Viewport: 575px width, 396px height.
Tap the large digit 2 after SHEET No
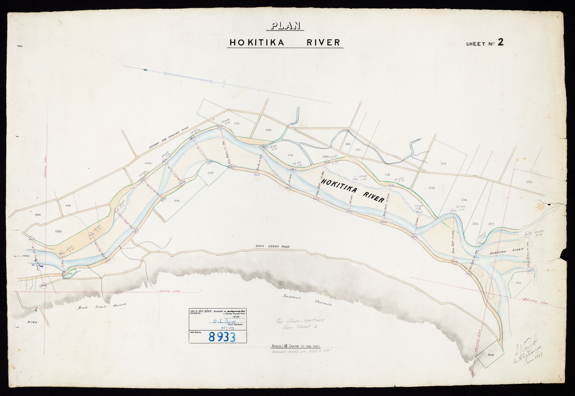click(501, 43)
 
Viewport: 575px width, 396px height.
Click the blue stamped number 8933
click(222, 337)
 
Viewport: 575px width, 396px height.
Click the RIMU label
click(32, 323)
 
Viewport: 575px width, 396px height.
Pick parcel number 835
click(490, 355)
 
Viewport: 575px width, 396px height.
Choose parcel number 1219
click(210, 173)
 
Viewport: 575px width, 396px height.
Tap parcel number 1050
click(58, 231)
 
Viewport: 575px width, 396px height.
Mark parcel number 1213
click(529, 182)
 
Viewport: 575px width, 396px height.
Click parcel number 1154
click(431, 188)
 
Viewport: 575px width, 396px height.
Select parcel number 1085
click(268, 130)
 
